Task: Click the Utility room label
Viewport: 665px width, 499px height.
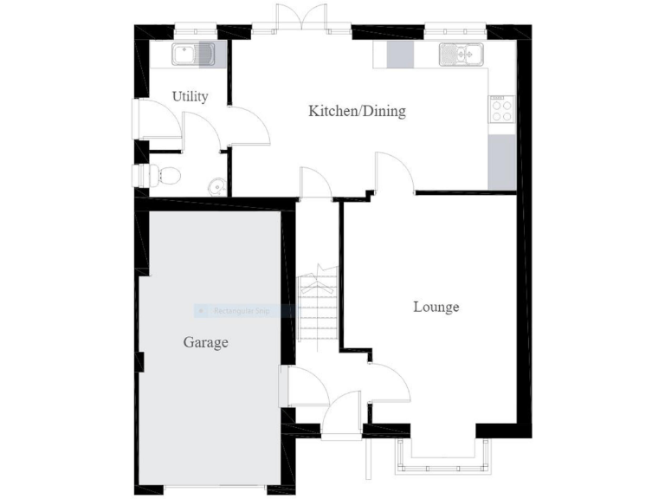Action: (x=190, y=96)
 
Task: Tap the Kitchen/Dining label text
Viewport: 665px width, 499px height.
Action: (x=357, y=111)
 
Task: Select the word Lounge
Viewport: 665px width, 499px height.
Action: (x=436, y=307)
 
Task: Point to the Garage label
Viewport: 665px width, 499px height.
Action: (x=205, y=342)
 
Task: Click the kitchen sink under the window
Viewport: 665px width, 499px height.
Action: (x=460, y=55)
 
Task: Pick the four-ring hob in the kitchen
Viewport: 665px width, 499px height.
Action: (x=502, y=110)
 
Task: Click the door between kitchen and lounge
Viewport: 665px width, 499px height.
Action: (x=394, y=172)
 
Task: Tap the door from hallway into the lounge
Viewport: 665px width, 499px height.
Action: (x=388, y=383)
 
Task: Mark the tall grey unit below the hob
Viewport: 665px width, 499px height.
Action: (x=502, y=162)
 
